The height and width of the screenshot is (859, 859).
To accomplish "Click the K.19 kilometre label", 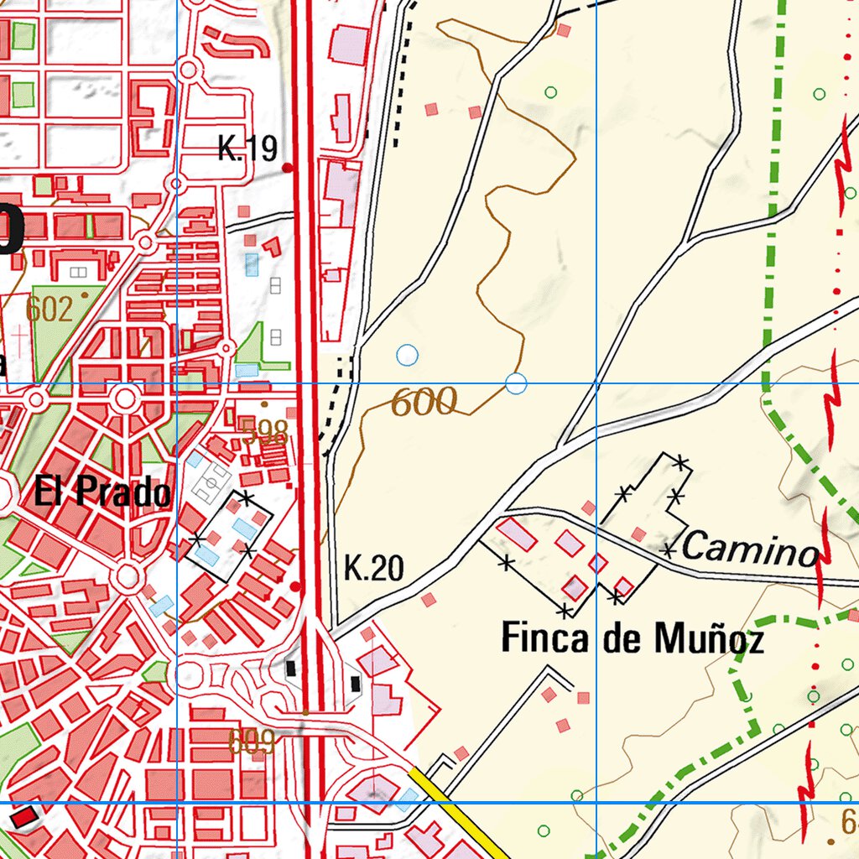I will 247,148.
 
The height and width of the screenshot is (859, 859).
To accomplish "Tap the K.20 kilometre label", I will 374,570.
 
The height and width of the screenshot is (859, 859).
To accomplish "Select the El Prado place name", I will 102,492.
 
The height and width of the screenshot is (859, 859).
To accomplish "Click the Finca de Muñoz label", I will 633,640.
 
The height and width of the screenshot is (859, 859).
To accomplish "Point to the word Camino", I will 749,549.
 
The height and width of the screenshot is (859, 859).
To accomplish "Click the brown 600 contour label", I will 424,403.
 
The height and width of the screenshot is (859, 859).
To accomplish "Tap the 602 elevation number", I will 49,309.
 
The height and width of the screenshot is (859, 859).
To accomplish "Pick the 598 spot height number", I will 264,434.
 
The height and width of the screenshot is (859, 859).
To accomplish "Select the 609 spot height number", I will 252,741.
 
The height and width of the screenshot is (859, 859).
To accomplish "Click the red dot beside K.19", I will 288,168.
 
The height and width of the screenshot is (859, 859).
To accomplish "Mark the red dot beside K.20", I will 296,586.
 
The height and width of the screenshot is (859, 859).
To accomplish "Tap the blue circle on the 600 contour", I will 517,384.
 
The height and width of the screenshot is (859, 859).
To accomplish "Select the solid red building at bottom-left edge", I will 24,815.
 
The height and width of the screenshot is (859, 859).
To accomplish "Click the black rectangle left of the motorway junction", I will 291,668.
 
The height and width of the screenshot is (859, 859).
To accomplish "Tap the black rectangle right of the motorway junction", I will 356,684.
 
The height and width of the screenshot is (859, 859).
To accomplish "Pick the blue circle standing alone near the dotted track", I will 407,355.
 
